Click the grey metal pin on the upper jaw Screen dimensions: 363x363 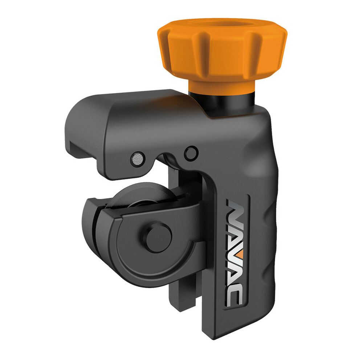tap(138, 159)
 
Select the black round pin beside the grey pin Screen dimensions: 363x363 tap(191, 153)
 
